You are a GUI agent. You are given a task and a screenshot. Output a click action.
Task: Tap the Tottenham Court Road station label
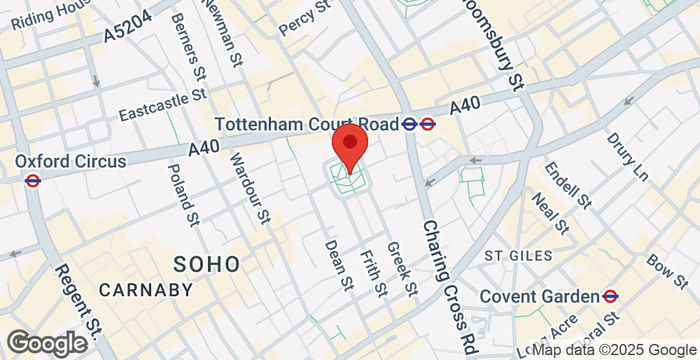pos(307,124)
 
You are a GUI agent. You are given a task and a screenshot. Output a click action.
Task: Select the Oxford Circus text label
pos(70,161)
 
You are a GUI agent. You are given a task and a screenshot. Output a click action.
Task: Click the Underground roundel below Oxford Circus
pos(32,181)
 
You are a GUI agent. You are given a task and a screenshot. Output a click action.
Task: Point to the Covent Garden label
pos(539,296)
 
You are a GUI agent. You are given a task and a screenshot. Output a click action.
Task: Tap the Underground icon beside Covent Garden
pos(610,296)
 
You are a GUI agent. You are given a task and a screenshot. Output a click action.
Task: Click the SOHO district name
pos(207,264)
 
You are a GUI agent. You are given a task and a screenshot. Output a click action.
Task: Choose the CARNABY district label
pos(145,290)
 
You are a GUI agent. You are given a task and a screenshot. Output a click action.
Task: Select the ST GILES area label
pos(518,256)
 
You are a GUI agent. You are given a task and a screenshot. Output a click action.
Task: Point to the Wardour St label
pos(250,187)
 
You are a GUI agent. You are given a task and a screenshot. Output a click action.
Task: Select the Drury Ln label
pos(627,157)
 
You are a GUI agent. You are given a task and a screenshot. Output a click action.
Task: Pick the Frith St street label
pos(371,273)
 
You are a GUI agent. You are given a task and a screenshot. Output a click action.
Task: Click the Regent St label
pos(77,300)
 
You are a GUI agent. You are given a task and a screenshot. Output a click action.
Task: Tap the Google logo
pos(46,343)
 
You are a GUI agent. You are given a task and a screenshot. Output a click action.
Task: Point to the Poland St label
pos(182,188)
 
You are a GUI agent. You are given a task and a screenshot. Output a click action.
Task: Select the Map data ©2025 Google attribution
pos(613,350)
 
